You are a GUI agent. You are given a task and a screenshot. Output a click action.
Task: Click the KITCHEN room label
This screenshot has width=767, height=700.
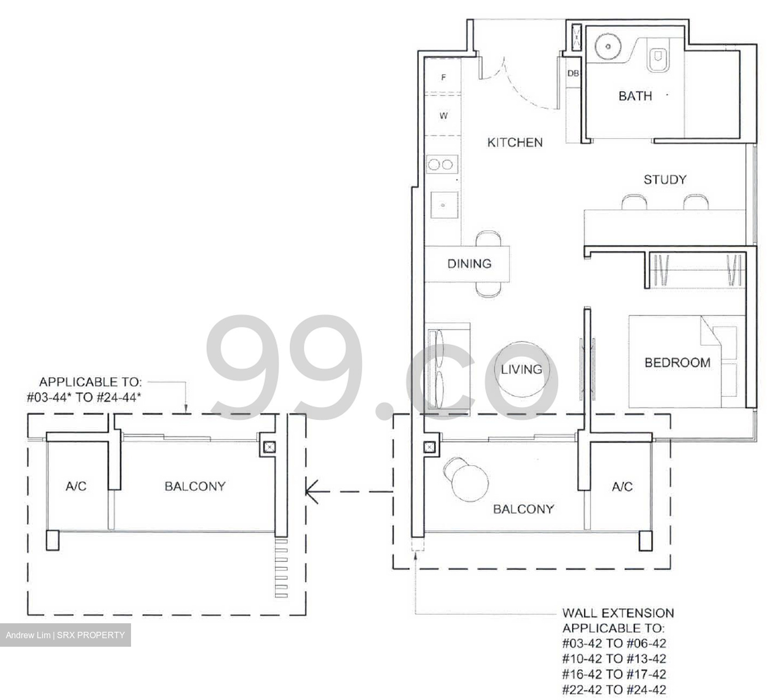tap(515, 142)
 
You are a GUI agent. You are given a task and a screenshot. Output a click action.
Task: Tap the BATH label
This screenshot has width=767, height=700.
tap(635, 96)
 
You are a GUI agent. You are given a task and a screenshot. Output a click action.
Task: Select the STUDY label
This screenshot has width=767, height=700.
tap(665, 180)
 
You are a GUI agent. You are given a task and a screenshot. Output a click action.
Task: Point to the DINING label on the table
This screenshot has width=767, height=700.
tap(469, 264)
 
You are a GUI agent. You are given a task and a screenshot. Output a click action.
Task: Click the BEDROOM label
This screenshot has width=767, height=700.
tap(677, 363)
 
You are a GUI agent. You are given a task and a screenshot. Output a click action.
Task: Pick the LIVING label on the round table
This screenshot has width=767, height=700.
tap(521, 369)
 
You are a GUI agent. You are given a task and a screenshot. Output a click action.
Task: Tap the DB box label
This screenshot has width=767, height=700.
tap(573, 74)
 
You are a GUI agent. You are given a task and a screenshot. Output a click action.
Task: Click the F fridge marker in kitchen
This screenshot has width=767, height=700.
tap(443, 78)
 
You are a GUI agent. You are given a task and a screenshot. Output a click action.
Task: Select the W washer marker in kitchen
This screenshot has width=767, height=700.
tap(443, 116)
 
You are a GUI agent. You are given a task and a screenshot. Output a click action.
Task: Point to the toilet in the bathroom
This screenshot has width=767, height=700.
tap(658, 59)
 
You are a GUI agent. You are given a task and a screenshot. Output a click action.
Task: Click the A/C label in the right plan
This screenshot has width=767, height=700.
tap(622, 486)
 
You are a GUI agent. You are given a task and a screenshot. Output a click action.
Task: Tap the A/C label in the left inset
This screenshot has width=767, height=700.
tap(76, 486)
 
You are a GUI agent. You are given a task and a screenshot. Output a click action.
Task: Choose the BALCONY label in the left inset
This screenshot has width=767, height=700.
tap(194, 486)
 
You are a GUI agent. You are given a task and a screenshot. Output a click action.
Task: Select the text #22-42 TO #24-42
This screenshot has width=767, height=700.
tap(614, 689)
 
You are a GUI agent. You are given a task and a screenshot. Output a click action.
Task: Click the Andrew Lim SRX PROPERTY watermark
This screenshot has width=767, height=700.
tap(65, 635)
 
